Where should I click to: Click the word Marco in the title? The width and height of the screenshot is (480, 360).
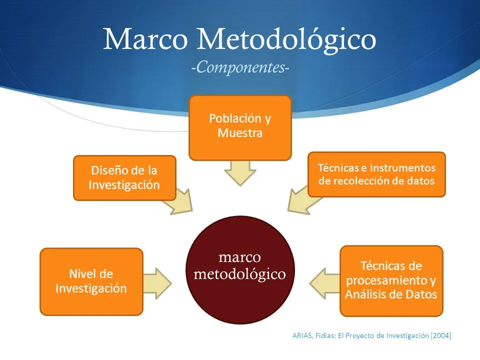point(145,39)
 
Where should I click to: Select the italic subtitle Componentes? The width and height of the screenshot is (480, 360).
point(240,67)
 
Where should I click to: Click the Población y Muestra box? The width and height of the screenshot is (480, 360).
point(240,128)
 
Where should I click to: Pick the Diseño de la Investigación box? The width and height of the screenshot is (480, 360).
point(124,178)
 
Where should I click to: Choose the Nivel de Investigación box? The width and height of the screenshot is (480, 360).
point(91,281)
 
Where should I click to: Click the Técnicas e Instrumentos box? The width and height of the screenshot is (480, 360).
point(376,174)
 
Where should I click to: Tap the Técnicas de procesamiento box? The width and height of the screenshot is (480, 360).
point(391,280)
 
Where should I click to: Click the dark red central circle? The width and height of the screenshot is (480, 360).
point(240,270)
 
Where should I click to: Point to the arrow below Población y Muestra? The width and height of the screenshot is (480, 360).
point(240,173)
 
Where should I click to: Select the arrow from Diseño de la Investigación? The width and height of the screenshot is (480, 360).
point(179,202)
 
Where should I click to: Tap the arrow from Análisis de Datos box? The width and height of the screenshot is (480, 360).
point(324,283)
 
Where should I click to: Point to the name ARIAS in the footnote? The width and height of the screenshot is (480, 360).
point(302,335)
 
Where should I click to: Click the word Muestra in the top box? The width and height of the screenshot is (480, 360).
point(240,133)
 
